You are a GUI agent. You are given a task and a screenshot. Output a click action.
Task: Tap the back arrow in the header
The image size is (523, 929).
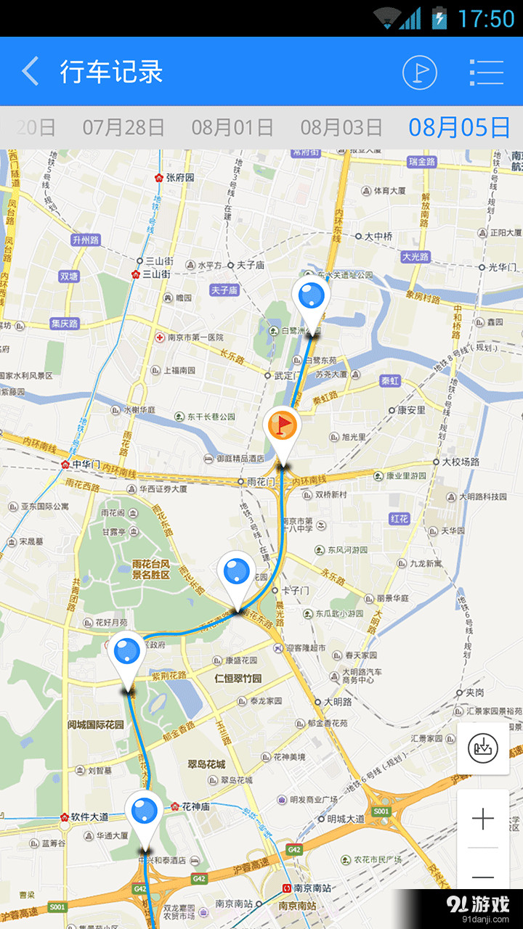[x=31, y=72]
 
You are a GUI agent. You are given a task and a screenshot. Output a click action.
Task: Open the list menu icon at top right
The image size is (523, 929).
[x=486, y=72]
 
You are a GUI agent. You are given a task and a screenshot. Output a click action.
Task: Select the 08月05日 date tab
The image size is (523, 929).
[x=459, y=127]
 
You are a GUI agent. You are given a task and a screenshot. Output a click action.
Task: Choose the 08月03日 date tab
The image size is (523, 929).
[x=341, y=127]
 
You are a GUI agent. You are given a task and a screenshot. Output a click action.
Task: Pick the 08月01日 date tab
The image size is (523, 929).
[x=232, y=127]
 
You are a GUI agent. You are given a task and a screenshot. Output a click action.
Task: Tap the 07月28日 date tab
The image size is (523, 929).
[x=123, y=127]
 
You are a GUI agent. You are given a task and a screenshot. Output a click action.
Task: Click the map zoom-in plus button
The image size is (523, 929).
[x=483, y=819]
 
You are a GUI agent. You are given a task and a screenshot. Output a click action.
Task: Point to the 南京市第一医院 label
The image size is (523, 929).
[x=195, y=337]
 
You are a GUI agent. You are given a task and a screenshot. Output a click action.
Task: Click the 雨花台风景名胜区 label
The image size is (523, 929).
[x=151, y=569]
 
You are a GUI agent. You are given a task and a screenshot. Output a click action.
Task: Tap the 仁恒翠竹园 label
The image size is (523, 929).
[x=238, y=679]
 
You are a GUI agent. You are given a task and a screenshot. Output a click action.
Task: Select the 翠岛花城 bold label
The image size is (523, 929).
[x=206, y=764]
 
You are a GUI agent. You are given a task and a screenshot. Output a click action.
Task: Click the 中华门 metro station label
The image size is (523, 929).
[x=86, y=464]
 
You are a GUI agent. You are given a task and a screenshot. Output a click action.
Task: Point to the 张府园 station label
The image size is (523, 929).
[x=179, y=177]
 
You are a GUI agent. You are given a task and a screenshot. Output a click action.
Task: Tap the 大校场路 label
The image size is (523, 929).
[x=461, y=462]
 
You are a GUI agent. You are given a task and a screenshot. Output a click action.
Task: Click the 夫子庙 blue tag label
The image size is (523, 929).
[x=224, y=290]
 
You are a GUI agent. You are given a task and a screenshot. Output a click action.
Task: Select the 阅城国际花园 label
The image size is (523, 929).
[x=96, y=724]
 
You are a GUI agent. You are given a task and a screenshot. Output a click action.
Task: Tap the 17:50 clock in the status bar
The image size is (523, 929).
[x=486, y=19]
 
